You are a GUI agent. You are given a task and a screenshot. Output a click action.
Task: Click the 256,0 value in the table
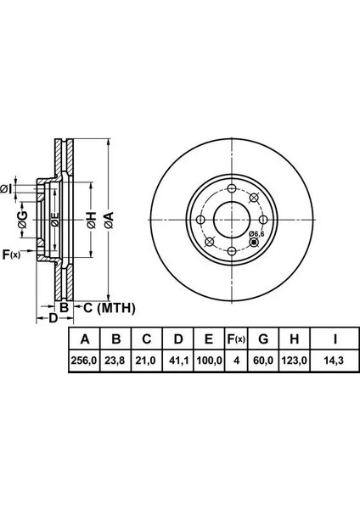coord(84,361)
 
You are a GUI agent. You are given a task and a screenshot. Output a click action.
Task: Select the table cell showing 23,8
coord(115,361)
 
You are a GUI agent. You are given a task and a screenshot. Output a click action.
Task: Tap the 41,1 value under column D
coord(178,361)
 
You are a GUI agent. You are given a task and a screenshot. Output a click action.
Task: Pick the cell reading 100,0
coord(209,361)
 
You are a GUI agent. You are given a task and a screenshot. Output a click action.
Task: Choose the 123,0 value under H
coord(295,361)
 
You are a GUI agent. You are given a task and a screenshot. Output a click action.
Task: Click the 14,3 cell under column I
coord(335,361)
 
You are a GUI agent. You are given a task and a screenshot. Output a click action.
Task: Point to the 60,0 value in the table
coord(263,361)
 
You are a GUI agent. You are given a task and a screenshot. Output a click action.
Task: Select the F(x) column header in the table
coord(236,339)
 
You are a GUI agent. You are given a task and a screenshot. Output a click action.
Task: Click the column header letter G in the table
coord(263,339)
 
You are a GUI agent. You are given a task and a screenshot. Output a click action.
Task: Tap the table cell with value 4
coord(237,361)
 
